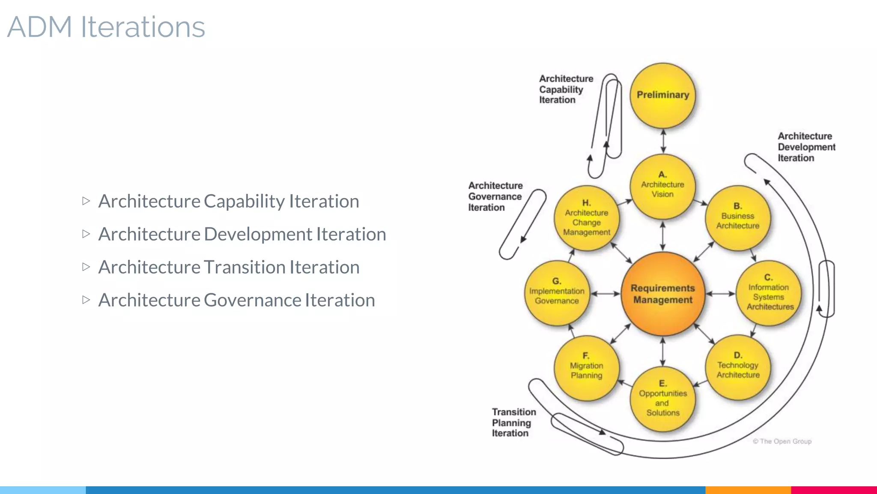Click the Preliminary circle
tap(662, 95)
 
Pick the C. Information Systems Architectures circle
tap(769, 293)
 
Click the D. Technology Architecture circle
tap(737, 367)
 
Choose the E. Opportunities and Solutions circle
tap(662, 399)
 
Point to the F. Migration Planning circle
tap(586, 368)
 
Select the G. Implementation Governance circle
tap(557, 293)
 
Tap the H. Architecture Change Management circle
tap(586, 218)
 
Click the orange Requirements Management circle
tap(662, 294)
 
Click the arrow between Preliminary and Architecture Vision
tap(663, 141)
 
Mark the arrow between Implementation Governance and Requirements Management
tap(606, 294)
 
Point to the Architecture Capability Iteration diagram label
tap(565, 89)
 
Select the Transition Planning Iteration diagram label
tap(513, 422)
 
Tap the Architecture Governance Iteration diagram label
tap(495, 196)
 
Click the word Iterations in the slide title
tap(143, 27)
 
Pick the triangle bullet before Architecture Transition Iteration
tap(86, 267)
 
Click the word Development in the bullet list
tap(258, 234)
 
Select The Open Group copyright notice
tap(782, 441)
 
